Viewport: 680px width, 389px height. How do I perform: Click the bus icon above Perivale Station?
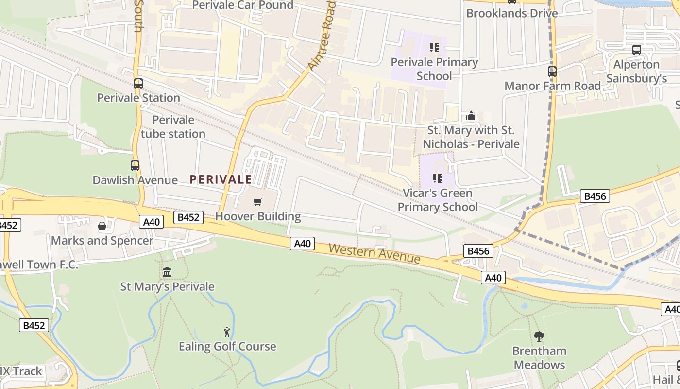point(138,84)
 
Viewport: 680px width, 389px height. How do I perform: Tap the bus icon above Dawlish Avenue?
point(135,166)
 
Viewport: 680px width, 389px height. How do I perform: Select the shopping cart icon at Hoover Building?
point(258,202)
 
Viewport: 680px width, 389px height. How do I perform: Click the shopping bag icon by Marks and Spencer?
point(102,226)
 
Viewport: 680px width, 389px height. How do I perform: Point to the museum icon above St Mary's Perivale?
point(167,272)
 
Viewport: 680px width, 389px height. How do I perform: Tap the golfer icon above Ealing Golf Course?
point(227,332)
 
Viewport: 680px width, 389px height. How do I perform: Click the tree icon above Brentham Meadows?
point(539,336)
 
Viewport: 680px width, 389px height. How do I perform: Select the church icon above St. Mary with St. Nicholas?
point(471,116)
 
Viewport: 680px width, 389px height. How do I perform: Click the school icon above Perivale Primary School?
point(434,48)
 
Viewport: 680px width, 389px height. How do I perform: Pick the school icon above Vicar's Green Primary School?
point(438,178)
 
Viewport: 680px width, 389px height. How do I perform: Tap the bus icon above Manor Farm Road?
point(552,71)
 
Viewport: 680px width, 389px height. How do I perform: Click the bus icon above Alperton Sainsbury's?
point(636,50)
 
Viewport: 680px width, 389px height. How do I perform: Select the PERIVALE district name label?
point(221,179)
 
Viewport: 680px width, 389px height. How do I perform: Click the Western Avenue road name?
point(374,254)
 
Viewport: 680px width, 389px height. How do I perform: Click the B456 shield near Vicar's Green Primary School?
point(595,196)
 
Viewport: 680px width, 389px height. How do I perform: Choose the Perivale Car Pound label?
point(243,5)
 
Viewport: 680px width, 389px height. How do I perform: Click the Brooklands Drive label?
point(512,13)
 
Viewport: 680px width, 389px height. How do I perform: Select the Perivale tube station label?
point(173,126)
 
